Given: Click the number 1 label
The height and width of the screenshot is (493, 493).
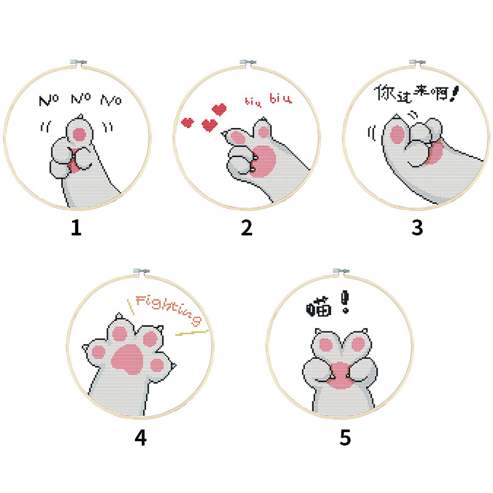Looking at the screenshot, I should coord(76,228).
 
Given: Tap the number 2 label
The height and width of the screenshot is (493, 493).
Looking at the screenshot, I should coord(246,228).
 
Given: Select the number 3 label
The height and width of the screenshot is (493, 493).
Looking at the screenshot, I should coord(418,228).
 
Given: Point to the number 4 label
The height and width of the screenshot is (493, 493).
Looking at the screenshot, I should coord(141,438).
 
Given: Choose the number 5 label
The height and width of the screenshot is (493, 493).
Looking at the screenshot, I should coord(345,438).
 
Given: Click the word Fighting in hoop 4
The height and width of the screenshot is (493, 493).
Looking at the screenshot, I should coord(168,309).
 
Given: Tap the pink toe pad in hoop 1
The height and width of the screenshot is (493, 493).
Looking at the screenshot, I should coord(79,134).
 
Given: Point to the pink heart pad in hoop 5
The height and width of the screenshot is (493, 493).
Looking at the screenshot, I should coord(340,374).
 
